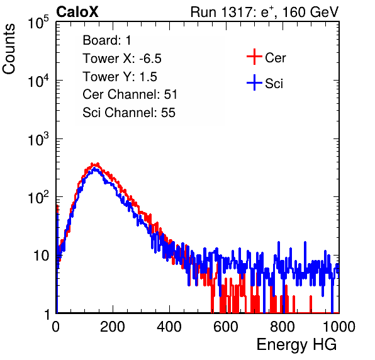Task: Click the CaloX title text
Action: point(77,12)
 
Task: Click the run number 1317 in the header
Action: point(235,12)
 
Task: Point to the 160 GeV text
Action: point(310,12)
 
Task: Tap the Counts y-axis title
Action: point(9,49)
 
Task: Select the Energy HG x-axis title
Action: point(296,344)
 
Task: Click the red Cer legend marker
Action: point(254,57)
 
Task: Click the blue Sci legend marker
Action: point(254,82)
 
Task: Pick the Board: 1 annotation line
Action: point(107,40)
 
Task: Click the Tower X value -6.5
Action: point(150,59)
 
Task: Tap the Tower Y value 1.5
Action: point(148,77)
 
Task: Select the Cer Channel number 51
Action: point(171,94)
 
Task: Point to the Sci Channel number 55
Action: point(169,113)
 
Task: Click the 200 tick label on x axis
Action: point(113,327)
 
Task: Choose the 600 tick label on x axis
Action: point(226,327)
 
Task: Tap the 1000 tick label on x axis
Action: point(339,327)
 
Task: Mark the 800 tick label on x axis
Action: point(283,327)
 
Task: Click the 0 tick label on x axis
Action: point(56,327)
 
